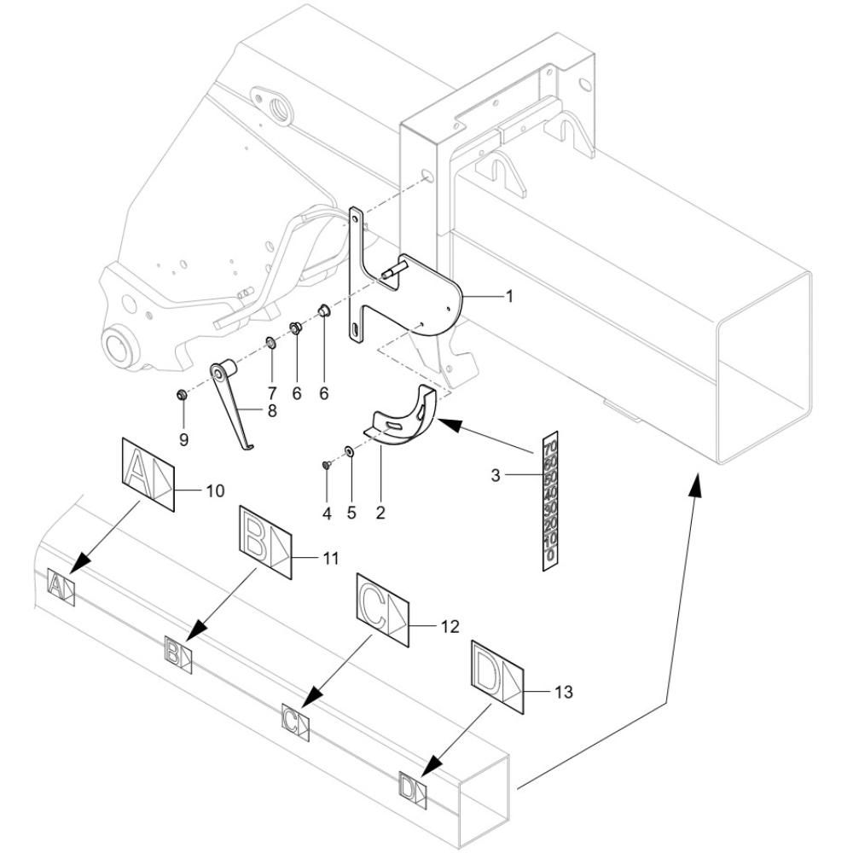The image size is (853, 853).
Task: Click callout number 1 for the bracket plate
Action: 509,297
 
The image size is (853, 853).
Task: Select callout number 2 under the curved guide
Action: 380,513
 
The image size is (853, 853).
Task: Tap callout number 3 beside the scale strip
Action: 495,475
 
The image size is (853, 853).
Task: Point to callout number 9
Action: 184,439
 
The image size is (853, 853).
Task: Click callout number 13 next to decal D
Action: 564,692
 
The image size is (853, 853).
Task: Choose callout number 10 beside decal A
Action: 216,490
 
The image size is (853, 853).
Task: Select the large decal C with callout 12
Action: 382,610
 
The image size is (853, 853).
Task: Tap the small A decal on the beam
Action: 61,588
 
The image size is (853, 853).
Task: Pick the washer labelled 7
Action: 270,343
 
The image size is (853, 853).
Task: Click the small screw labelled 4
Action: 327,465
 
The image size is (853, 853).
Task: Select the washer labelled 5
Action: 349,451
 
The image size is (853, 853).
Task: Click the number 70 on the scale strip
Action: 550,447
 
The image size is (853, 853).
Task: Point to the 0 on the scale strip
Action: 550,555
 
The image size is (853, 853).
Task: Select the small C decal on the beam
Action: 295,722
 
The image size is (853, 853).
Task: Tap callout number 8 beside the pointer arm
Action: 272,411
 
